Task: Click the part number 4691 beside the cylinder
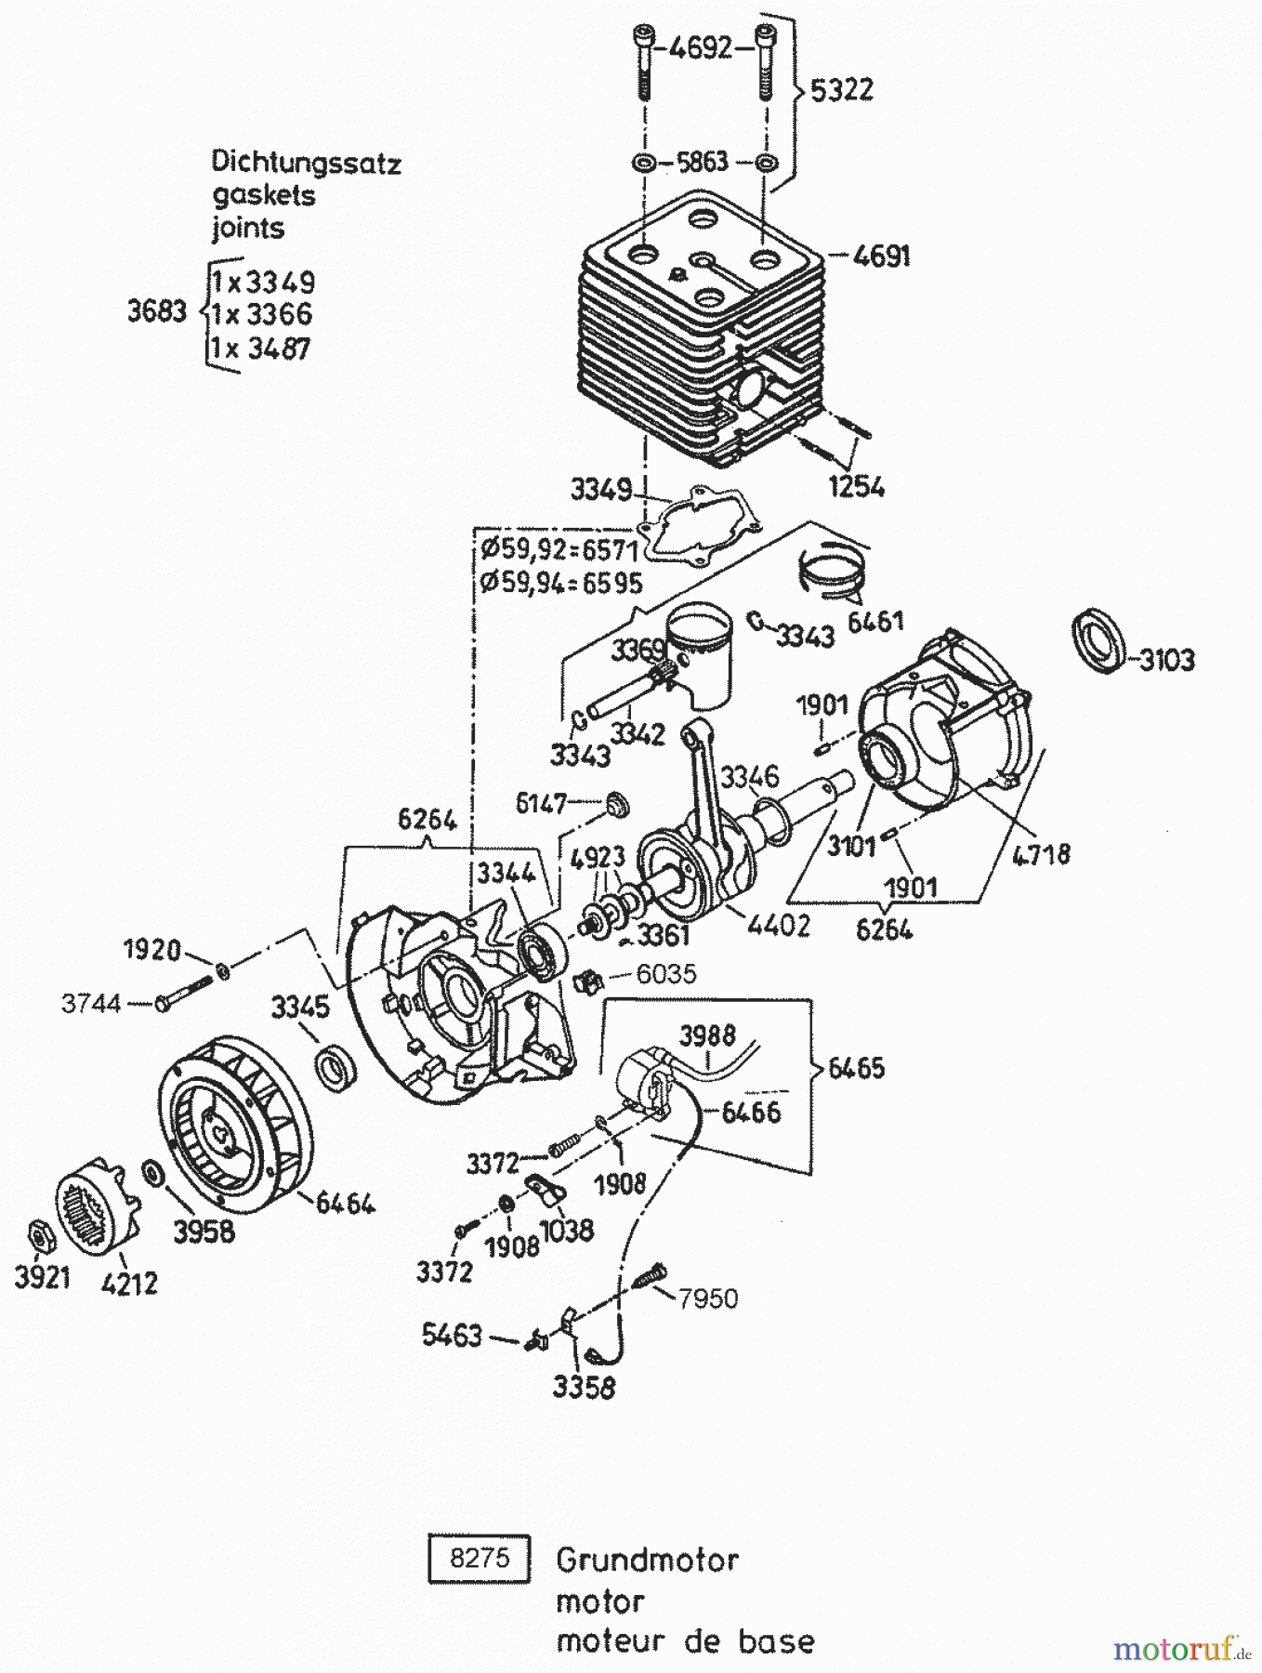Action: coord(881,256)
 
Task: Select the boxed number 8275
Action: coord(480,1558)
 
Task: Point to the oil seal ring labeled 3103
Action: coord(1098,639)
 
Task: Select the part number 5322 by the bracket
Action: coord(841,90)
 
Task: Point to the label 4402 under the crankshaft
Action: coord(778,925)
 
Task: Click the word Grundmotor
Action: coord(647,1559)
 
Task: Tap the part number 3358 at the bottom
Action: coord(584,1388)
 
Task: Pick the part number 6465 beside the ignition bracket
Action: coord(855,1068)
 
